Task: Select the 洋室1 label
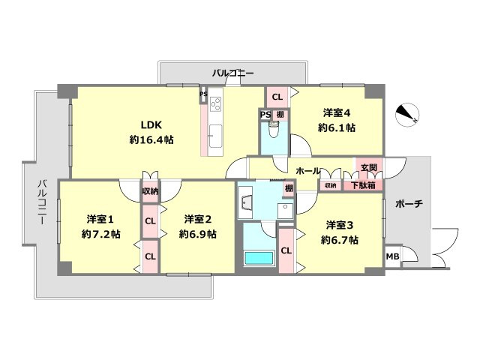point(99,220)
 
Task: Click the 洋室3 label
point(340,225)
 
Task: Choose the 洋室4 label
point(337,113)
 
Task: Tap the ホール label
point(308,171)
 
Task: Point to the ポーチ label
point(408,203)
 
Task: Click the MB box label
point(392,256)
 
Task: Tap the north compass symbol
point(409,114)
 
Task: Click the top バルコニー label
point(232,73)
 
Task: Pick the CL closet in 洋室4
point(277,97)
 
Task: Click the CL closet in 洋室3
point(286,251)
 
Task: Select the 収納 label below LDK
point(151,191)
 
